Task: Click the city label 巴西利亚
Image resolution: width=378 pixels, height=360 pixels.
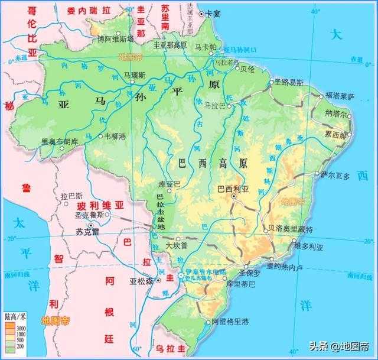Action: pos(233,190)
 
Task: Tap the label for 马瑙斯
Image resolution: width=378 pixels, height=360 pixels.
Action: pos(135,75)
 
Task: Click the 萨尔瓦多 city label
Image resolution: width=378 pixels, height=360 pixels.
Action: pos(336,176)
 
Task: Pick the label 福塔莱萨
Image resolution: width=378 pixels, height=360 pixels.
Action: pos(340,95)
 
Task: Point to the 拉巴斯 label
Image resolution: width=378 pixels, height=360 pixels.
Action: pos(71,196)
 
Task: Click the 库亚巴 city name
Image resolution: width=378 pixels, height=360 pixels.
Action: pos(170,184)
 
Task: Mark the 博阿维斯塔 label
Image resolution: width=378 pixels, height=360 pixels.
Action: pos(116,39)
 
